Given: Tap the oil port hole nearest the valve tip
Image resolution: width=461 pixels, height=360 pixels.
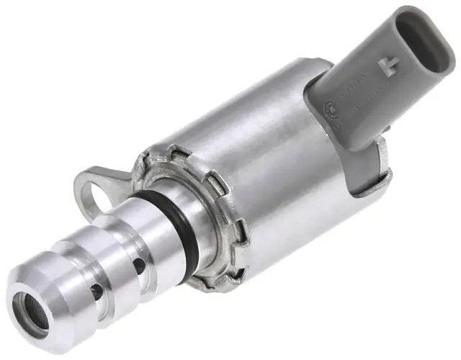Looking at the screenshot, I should point(95,291).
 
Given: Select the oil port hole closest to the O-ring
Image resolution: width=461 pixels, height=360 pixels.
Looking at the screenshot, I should point(138,266).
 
